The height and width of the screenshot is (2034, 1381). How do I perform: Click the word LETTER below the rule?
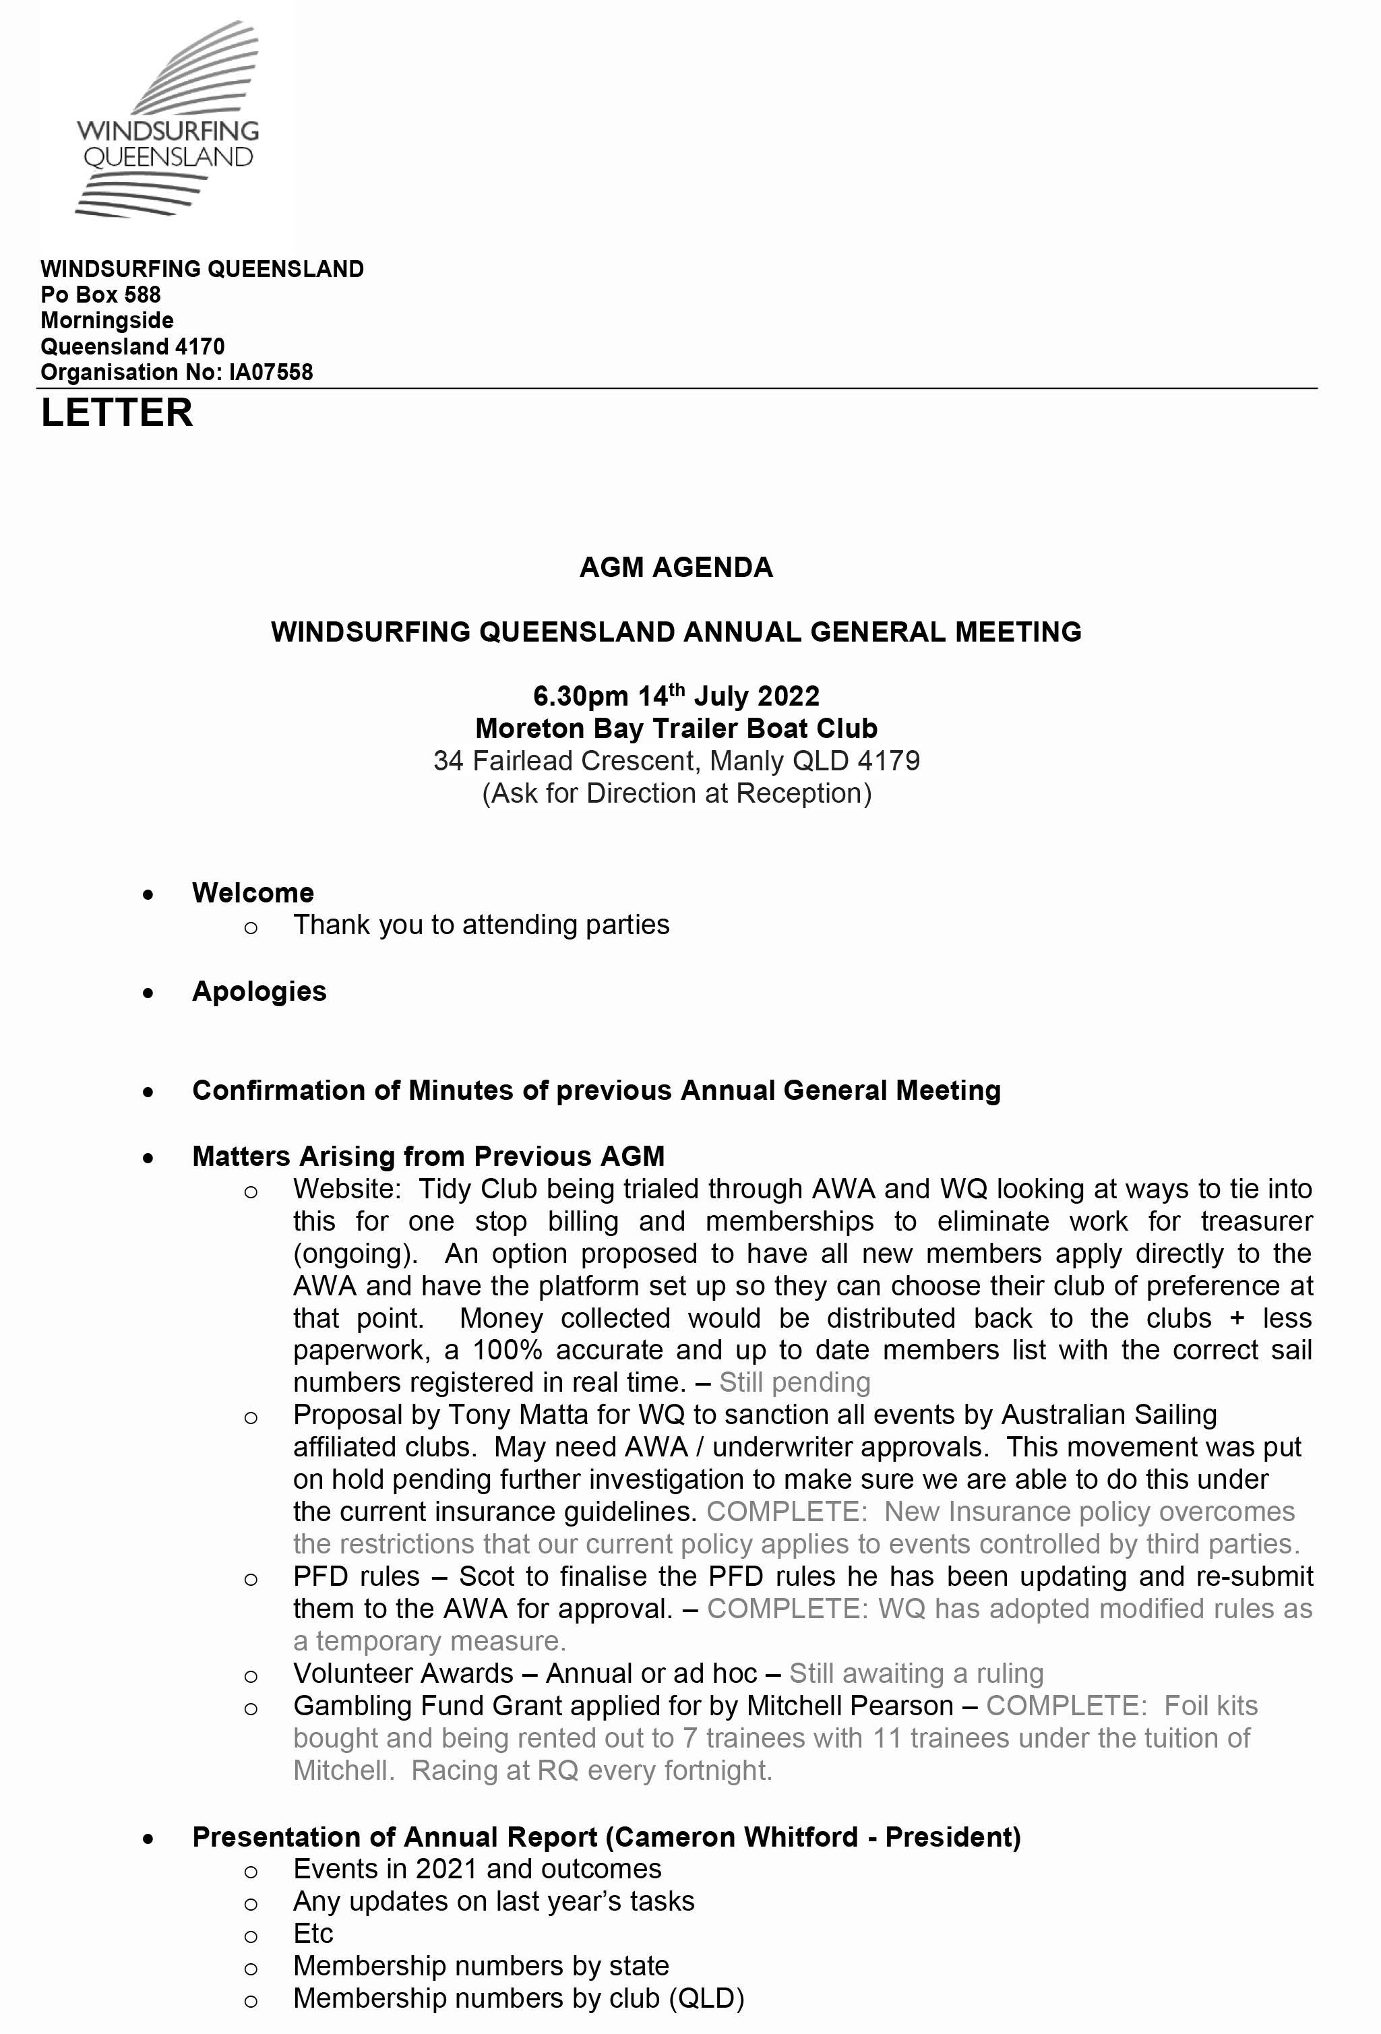117,413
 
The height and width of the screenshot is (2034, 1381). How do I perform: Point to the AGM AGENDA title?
675,568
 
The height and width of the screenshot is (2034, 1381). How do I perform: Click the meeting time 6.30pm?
580,697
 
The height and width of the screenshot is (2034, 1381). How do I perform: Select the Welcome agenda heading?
253,893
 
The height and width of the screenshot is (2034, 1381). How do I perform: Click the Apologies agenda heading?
259,991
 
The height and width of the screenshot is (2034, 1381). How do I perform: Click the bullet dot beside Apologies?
149,993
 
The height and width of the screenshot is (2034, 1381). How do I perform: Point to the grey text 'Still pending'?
795,1382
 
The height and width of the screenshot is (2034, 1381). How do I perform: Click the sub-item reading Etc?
313,1934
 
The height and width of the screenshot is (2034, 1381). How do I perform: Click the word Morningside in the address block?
106,320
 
